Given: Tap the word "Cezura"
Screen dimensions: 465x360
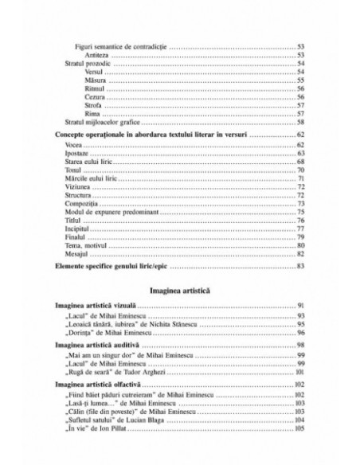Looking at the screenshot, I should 93,96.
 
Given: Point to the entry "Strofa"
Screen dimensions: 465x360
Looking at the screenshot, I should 92,105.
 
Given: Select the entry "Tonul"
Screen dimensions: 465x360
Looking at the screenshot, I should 74,171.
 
